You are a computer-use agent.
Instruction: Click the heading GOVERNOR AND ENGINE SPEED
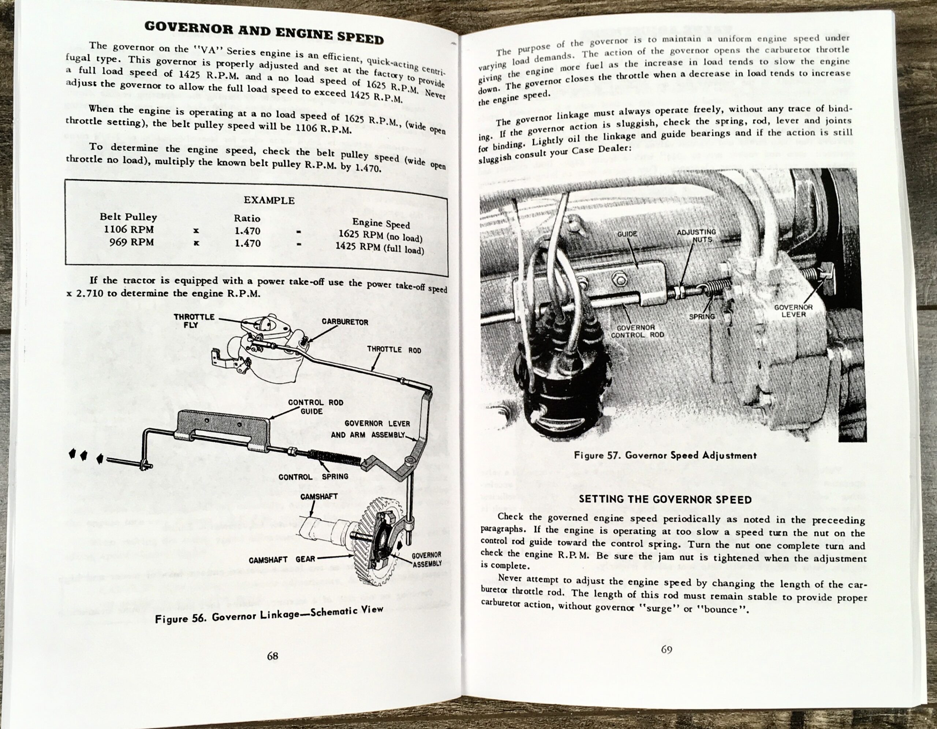point(264,32)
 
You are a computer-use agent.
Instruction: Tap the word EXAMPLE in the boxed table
point(269,200)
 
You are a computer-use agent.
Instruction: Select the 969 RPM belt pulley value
point(131,242)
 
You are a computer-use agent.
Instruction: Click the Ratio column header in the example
point(247,218)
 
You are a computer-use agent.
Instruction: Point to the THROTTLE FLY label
point(194,320)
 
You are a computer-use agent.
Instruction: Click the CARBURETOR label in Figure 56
point(344,322)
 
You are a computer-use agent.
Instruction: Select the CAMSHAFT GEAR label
point(281,559)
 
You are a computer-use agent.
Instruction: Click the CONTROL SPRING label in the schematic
point(313,477)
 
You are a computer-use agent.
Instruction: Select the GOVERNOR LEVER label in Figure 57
point(793,310)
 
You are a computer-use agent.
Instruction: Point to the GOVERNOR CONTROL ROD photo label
point(637,331)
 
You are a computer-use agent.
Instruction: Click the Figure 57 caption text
point(665,455)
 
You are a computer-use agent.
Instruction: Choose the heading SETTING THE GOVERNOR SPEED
point(665,499)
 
